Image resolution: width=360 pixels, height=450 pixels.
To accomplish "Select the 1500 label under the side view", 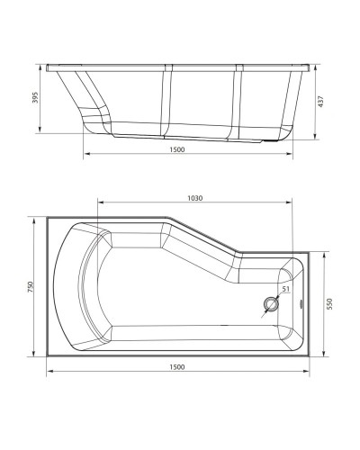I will tap(177, 150).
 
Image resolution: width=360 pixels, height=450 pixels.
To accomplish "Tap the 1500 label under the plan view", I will tap(177, 366).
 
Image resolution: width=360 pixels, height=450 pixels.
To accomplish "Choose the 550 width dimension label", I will tap(330, 303).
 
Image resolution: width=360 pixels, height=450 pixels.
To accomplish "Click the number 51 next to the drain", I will tap(284, 289).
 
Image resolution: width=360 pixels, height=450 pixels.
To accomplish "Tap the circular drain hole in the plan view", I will tap(270, 303).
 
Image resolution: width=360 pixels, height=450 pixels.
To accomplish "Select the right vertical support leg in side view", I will tap(238, 101).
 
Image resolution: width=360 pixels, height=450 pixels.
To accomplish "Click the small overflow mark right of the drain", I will tap(299, 303).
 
